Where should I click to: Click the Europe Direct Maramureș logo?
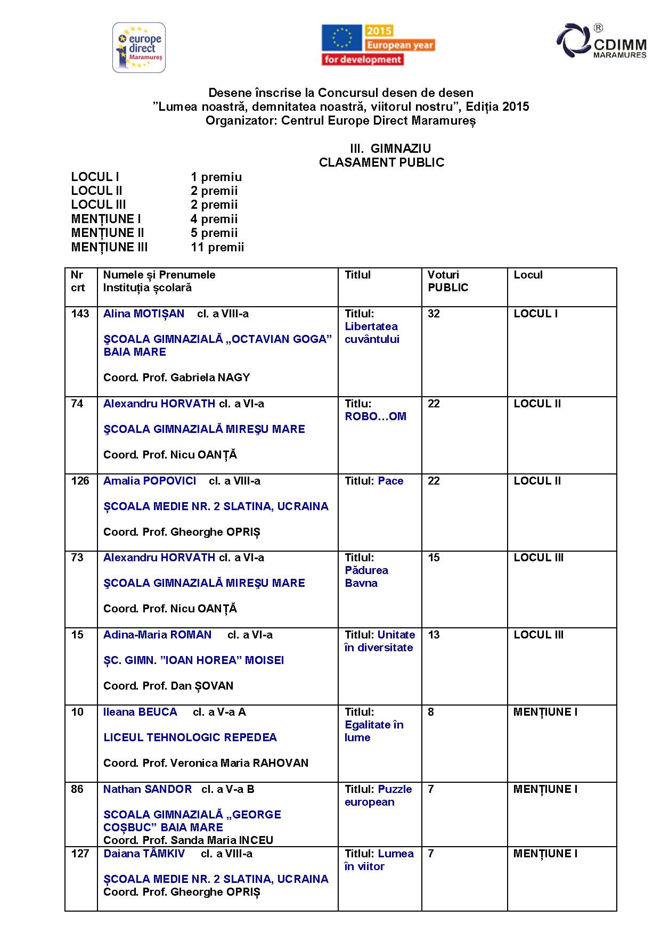(139, 48)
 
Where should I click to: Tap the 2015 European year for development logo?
(378, 45)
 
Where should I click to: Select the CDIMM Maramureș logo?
(602, 41)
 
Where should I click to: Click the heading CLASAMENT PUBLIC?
(381, 162)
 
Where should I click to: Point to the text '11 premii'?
(217, 247)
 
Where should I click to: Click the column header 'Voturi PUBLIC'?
(448, 281)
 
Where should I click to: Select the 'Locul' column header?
(528, 275)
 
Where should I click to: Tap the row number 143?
(80, 314)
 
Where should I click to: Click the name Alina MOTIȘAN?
(144, 314)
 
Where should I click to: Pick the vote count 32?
(434, 314)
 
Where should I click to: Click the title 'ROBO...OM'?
(376, 416)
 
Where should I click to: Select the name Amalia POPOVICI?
(150, 481)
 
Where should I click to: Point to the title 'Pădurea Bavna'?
(366, 577)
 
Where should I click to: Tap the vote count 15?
(434, 558)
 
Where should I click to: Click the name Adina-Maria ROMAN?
(157, 635)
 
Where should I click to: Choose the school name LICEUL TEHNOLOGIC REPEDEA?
(190, 738)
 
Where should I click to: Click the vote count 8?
(431, 712)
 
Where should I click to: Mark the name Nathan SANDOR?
(148, 789)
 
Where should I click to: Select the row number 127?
(80, 854)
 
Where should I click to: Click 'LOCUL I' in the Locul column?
(535, 314)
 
